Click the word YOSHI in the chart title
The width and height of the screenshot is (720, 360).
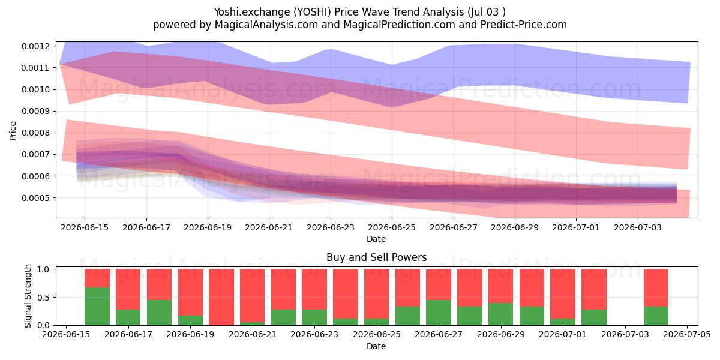click(313, 12)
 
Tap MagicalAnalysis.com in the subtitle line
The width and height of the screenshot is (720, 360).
click(266, 25)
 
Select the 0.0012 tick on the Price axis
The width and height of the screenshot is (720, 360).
click(36, 46)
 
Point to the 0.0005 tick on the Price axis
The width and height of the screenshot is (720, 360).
click(36, 198)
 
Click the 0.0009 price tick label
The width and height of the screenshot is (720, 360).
click(36, 111)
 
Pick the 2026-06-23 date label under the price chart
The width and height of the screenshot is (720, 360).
click(331, 227)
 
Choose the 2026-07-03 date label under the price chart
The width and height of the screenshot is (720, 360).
click(638, 227)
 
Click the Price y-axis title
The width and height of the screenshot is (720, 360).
click(13, 131)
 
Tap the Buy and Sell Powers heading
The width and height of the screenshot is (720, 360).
click(376, 257)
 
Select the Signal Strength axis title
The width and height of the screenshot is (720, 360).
click(28, 296)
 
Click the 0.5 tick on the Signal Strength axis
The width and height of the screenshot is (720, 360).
click(43, 298)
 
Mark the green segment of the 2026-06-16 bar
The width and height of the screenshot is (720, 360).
click(97, 307)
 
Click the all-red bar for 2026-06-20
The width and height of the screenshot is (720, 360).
click(221, 297)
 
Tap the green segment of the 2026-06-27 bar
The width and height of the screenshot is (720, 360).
click(439, 313)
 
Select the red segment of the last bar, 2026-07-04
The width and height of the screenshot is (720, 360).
click(656, 288)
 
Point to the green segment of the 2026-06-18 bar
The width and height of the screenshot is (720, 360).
click(160, 313)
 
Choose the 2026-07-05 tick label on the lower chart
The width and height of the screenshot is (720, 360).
click(687, 335)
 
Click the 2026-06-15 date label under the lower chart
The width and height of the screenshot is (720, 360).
click(66, 335)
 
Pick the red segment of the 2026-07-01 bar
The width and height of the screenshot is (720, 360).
click(563, 294)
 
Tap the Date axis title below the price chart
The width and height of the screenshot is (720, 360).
click(376, 239)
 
